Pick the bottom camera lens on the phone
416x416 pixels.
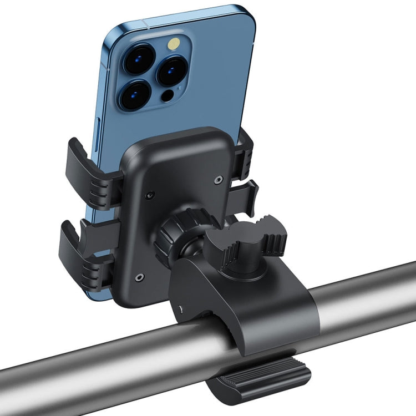[134, 95]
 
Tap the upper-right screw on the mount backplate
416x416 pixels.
[219, 179]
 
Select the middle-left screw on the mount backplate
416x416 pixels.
[149, 195]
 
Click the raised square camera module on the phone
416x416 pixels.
[150, 72]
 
